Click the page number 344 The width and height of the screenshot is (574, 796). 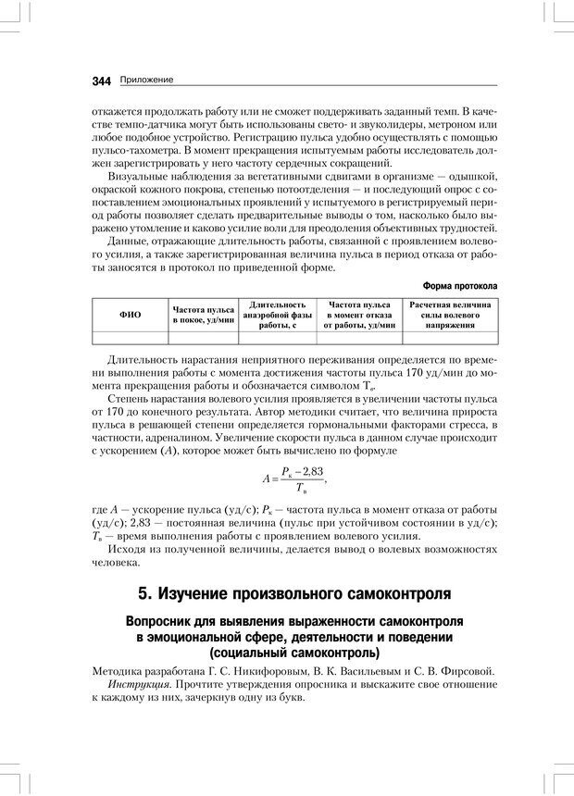[101, 81]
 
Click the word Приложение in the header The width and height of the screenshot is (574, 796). [147, 81]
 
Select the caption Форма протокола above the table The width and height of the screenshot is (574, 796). [459, 286]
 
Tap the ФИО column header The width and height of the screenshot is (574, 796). [131, 315]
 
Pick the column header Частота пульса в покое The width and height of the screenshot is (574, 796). [203, 315]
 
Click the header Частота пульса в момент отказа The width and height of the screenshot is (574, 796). [358, 315]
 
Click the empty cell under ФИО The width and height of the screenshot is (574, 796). [131, 337]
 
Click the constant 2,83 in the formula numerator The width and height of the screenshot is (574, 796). [310, 471]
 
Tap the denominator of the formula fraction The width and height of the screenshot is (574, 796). [300, 489]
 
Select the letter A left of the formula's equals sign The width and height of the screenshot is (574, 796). [266, 479]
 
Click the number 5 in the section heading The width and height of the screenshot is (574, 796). [143, 592]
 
